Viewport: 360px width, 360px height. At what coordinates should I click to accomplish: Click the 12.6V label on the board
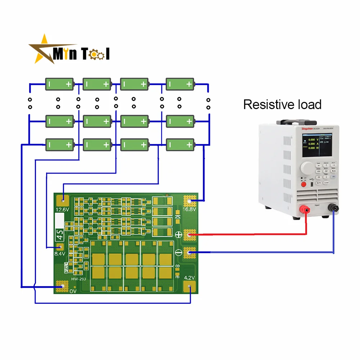point(62,210)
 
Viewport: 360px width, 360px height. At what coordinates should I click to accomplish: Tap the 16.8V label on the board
point(189,210)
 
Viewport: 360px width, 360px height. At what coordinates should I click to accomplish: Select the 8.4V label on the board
point(59,254)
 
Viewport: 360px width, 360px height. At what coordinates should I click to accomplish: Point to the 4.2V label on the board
point(189,278)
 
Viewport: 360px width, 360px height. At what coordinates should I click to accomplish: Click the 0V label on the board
point(73,291)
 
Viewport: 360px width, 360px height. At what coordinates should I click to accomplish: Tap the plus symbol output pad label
point(178,235)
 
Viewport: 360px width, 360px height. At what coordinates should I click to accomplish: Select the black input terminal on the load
point(334,208)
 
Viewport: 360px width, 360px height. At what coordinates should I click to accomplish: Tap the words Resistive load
point(282,105)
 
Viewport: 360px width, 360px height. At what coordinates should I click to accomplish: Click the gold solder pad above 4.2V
point(190,287)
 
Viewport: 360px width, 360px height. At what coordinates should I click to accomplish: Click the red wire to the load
point(252,235)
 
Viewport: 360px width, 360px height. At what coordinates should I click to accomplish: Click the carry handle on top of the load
point(301,122)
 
